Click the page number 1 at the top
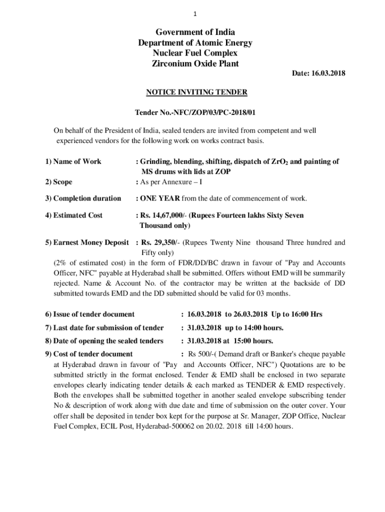point(192,14)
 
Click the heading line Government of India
point(195,33)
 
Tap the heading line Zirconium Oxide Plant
point(195,63)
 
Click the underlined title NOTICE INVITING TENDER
point(196,92)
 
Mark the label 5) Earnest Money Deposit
point(87,242)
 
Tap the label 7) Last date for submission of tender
point(104,328)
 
